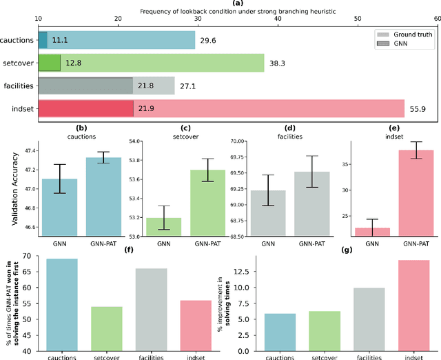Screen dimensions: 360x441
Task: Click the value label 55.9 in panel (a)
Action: tap(416, 109)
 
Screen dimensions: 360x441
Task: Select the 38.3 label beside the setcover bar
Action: tap(276, 63)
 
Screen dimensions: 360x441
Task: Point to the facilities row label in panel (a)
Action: tap(19, 86)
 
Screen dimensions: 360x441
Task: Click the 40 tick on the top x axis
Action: tap(278, 19)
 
